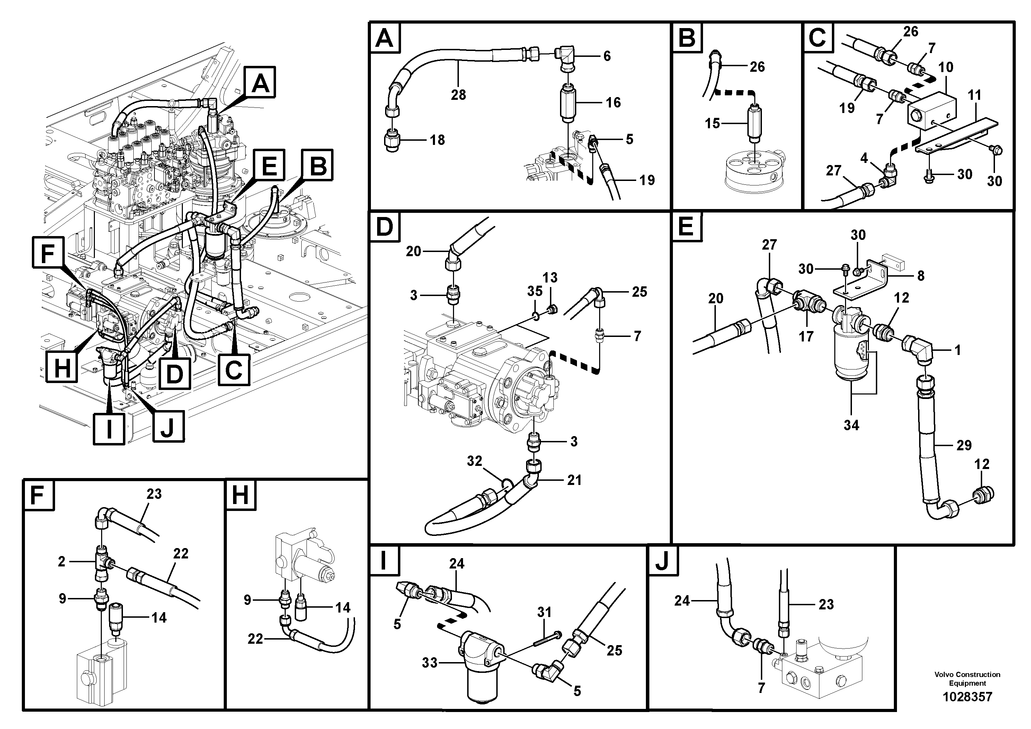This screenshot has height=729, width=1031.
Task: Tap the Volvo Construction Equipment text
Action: click(967, 679)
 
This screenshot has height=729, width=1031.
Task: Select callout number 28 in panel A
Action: click(458, 95)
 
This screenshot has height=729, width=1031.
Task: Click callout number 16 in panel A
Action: click(613, 103)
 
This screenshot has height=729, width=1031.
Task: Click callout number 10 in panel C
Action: click(946, 67)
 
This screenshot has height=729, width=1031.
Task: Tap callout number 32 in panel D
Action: click(474, 461)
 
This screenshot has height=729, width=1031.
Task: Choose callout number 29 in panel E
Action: click(964, 445)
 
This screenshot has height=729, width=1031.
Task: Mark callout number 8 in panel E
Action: click(921, 276)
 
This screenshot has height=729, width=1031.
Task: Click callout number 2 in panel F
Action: click(62, 561)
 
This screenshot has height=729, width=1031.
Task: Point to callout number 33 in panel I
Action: click(429, 662)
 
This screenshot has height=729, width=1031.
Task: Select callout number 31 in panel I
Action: click(544, 612)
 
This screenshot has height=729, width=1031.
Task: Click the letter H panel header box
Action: click(240, 496)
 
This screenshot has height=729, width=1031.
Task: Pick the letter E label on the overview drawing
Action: click(269, 168)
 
